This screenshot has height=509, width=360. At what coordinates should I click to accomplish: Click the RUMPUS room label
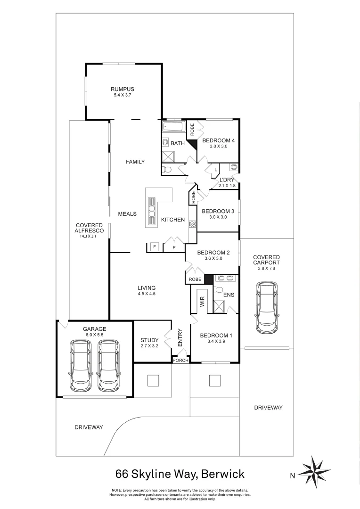123,89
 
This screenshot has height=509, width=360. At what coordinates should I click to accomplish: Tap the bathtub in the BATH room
173,127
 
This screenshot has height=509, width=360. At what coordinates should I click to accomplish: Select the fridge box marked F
154,246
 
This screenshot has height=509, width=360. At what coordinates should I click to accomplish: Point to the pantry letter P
174,247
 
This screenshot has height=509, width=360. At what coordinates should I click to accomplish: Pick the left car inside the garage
81,365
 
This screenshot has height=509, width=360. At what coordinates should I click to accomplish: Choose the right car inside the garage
108,365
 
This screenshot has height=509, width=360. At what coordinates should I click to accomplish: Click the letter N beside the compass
293,476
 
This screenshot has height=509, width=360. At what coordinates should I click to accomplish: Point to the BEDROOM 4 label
218,140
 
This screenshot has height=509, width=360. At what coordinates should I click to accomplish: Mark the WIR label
202,302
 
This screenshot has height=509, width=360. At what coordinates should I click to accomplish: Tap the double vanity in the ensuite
226,278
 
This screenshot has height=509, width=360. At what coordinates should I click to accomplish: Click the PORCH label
181,360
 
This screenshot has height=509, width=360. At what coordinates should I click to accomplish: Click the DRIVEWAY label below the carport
268,407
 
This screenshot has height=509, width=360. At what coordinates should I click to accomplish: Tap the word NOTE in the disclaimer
117,490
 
